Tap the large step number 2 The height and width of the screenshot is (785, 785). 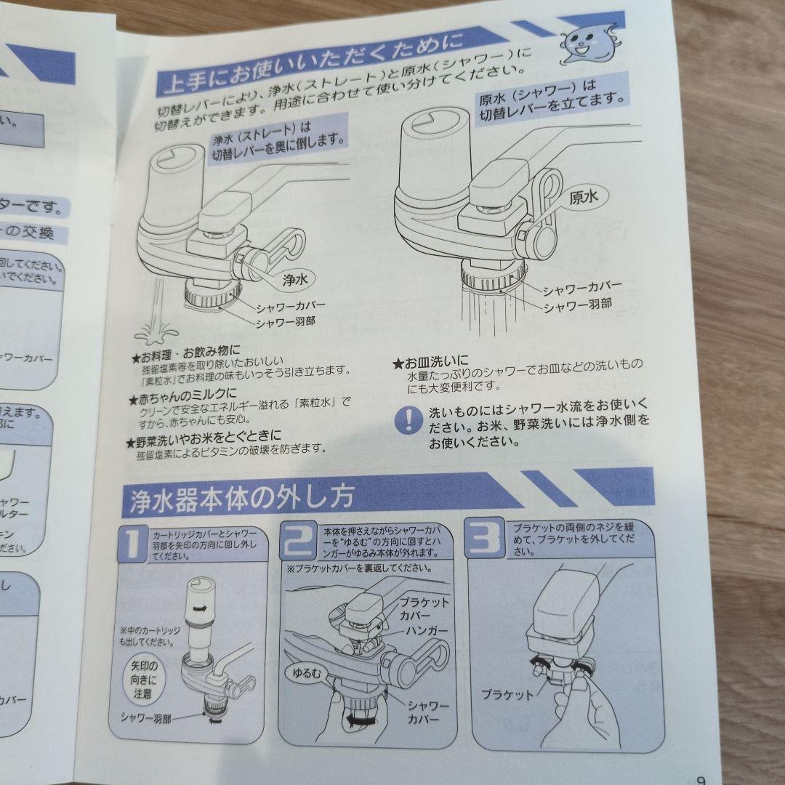(x=299, y=542)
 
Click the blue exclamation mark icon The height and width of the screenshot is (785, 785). (x=408, y=420)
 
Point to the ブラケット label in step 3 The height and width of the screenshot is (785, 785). (x=507, y=693)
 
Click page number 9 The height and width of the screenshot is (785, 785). (x=701, y=779)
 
